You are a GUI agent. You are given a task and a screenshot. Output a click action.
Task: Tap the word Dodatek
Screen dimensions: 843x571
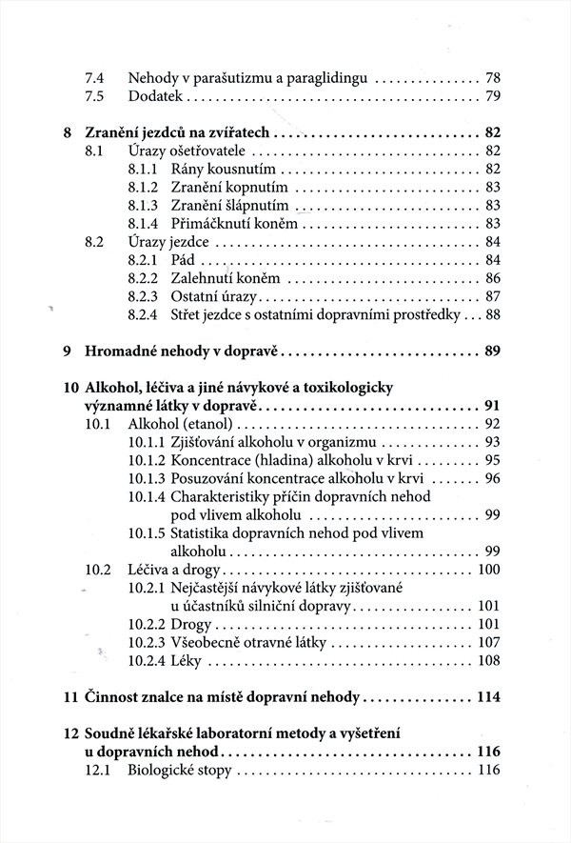[156, 97]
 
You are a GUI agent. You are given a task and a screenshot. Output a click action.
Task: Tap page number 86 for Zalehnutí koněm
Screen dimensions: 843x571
[492, 278]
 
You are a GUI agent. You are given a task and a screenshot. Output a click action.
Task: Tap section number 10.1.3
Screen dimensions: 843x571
[146, 477]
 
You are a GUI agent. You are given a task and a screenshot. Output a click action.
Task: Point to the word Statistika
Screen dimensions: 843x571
[205, 533]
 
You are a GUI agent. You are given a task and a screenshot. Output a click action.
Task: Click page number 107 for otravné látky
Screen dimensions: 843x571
[488, 642]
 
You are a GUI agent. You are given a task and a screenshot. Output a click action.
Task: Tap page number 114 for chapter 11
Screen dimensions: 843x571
[487, 696]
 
